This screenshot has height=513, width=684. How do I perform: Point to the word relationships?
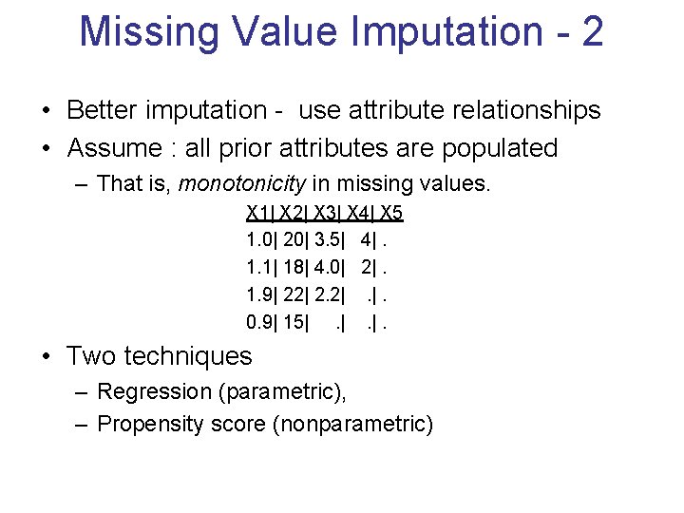517,110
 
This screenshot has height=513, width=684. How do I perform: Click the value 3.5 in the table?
328,238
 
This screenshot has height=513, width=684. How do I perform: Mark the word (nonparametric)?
352,424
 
